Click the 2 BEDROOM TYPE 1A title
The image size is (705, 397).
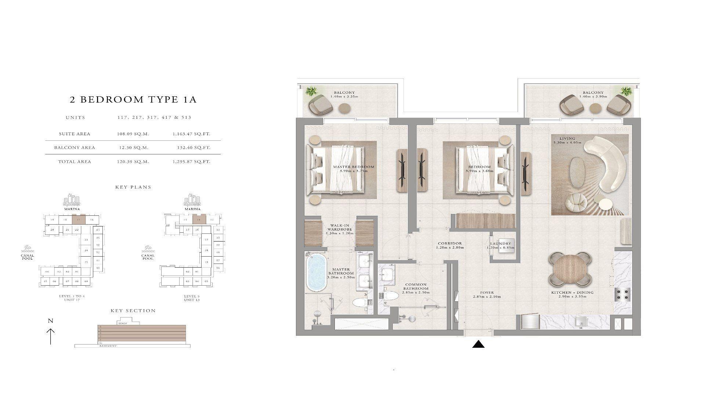(x=133, y=100)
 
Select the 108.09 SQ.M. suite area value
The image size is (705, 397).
(x=130, y=134)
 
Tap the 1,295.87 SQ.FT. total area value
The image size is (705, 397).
(x=191, y=162)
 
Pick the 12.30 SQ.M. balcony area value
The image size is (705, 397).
(x=130, y=148)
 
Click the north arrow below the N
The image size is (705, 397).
(x=50, y=336)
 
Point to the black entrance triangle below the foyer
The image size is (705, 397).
(x=478, y=344)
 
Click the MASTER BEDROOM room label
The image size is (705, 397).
(x=353, y=167)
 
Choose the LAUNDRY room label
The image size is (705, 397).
(x=500, y=244)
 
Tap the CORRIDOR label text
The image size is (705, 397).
(x=449, y=243)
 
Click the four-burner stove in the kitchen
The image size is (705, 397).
(x=623, y=294)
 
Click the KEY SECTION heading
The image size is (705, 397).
(x=133, y=311)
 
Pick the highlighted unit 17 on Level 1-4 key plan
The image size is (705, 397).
(x=79, y=220)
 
